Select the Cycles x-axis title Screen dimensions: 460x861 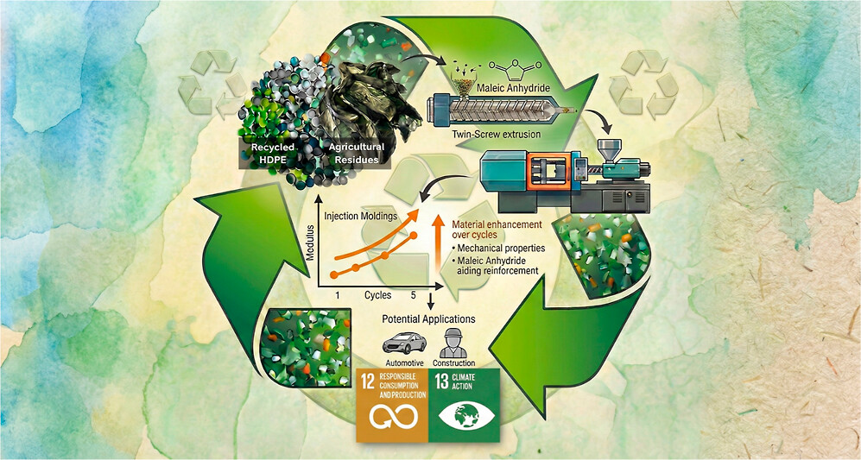(377, 295)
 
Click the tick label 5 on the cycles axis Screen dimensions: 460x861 (414, 295)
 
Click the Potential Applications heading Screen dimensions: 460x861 (428, 319)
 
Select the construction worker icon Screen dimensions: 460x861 (457, 340)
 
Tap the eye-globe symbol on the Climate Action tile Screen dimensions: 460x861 (467, 421)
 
